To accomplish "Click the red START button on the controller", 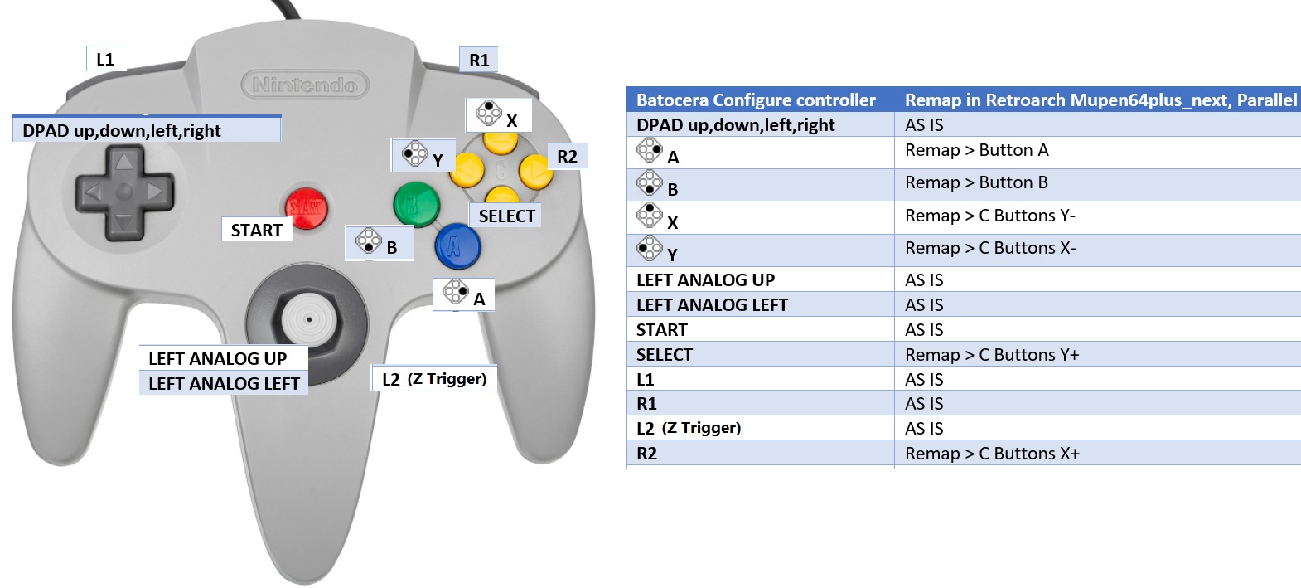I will pyautogui.click(x=306, y=207).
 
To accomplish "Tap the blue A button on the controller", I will pyautogui.click(x=457, y=245).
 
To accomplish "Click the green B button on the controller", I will pyautogui.click(x=415, y=204).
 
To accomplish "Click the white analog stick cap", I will pyautogui.click(x=308, y=318).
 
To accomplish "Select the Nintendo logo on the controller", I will pyautogui.click(x=304, y=85).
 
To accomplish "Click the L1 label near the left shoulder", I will pyautogui.click(x=105, y=59).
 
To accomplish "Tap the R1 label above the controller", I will pyautogui.click(x=479, y=60).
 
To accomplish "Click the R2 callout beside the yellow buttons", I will pyautogui.click(x=567, y=156).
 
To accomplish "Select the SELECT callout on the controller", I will pyautogui.click(x=506, y=216).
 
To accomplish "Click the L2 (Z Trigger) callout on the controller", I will pyautogui.click(x=433, y=379).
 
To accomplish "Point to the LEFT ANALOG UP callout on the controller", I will pyautogui.click(x=218, y=358).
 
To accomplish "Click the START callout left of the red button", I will pyautogui.click(x=256, y=230).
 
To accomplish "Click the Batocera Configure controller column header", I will pyautogui.click(x=756, y=100).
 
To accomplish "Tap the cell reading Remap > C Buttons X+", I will pyautogui.click(x=992, y=454).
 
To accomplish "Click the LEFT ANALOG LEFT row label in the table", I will pyautogui.click(x=712, y=305).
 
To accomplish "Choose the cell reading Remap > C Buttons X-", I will pyautogui.click(x=989, y=248).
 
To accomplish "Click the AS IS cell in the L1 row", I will pyautogui.click(x=924, y=380).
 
